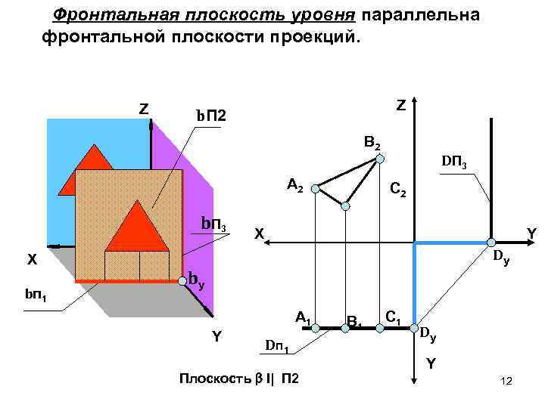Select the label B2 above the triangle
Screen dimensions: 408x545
372,142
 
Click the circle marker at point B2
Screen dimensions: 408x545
381,159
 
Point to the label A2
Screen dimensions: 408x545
295,184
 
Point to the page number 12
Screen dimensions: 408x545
507,387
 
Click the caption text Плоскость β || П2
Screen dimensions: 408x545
237,378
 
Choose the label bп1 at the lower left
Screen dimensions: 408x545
36,293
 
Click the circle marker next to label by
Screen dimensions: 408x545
182,281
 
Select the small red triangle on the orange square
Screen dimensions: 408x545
137,226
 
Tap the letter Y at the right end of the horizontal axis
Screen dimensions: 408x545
531,235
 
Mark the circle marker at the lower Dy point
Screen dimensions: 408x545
414,328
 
